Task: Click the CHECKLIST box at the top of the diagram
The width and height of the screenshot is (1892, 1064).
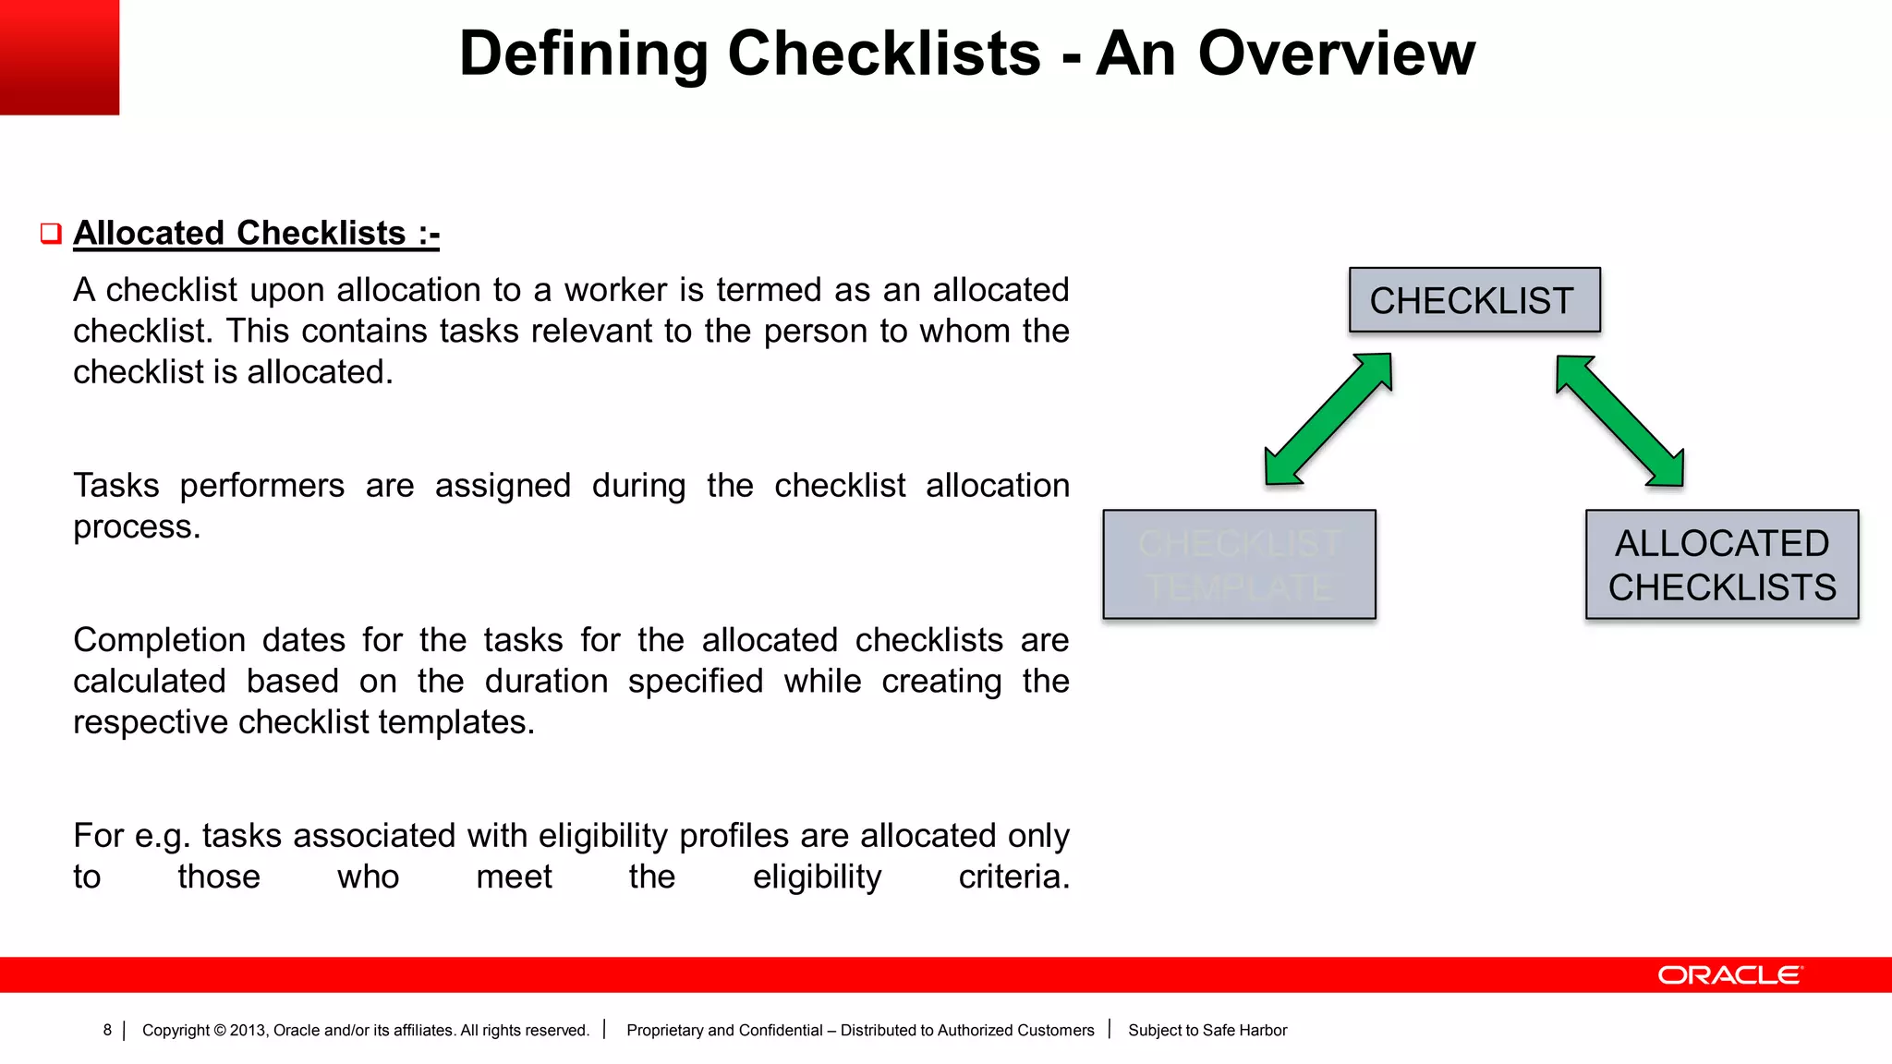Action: pos(1474,300)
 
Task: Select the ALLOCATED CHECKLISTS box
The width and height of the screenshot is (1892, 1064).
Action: pos(1721,564)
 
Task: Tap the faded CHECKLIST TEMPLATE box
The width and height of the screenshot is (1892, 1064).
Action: pos(1238,564)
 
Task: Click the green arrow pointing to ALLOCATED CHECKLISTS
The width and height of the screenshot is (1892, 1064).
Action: pos(1619,420)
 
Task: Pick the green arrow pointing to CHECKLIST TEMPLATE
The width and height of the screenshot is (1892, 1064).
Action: pos(1328,419)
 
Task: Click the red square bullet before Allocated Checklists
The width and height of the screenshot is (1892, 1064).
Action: pos(51,233)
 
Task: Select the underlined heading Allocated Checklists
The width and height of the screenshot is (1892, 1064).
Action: pos(256,233)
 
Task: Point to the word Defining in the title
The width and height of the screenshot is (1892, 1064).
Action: pos(583,54)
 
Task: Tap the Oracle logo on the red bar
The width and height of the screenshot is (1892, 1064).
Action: pos(1728,975)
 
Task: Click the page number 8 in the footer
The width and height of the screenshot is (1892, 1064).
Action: pos(107,1030)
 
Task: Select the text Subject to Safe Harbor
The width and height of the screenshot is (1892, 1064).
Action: pos(1207,1030)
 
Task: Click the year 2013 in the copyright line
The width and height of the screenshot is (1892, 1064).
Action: pos(247,1030)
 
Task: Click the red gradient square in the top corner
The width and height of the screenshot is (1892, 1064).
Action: pos(59,57)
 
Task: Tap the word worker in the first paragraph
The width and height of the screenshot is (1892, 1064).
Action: pos(615,290)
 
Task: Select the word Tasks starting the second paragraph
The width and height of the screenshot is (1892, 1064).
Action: pos(115,486)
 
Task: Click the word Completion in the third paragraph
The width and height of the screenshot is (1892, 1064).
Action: pos(159,640)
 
